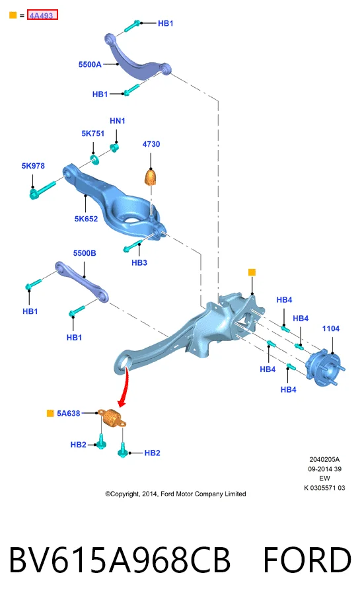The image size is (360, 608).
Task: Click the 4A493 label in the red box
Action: point(42,15)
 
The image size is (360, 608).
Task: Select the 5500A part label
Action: point(90,64)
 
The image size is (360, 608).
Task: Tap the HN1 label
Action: point(118,121)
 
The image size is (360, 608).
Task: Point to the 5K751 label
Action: point(93,133)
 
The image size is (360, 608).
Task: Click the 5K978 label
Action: point(33,166)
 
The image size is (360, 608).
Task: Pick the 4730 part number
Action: point(151,144)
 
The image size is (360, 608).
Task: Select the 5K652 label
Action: point(86,219)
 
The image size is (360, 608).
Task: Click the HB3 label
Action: point(139,263)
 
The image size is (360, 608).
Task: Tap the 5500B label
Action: point(85,253)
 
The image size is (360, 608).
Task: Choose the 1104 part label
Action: point(331,329)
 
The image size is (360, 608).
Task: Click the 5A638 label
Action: point(69,413)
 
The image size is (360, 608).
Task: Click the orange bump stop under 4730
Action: point(151,177)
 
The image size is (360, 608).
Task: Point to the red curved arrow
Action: point(125,388)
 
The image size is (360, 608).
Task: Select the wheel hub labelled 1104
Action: point(325,368)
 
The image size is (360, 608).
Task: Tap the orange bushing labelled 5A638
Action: point(112,418)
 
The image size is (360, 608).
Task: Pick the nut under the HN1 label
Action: point(114,147)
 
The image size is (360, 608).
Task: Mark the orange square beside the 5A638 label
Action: point(50,413)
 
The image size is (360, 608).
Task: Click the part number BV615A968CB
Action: point(120,560)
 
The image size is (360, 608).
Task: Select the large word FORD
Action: point(307,560)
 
